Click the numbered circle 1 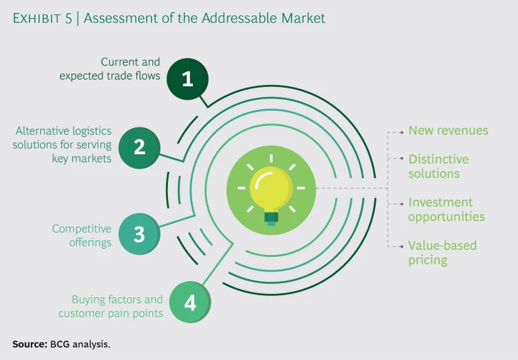click(188, 79)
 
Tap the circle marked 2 click(139, 146)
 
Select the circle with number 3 click(139, 233)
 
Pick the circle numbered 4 click(190, 303)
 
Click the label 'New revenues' click(448, 131)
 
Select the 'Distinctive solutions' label click(438, 167)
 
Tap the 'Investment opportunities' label click(446, 210)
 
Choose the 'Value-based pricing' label click(442, 252)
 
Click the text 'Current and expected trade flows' click(110, 69)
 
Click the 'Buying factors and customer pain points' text click(111, 306)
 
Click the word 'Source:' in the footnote click(29, 344)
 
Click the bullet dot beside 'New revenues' click(403, 131)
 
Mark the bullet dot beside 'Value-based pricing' click(403, 245)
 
